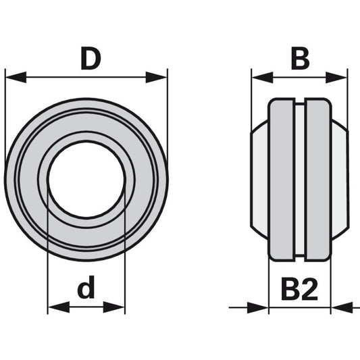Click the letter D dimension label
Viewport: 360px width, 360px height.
(91, 59)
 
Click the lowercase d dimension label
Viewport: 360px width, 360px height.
(86, 287)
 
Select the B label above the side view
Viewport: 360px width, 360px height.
(300, 59)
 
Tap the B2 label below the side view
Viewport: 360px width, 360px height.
(299, 290)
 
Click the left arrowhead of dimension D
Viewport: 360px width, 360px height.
(16, 77)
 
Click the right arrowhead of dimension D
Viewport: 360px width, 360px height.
(157, 78)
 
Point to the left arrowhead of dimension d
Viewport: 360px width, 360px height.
(59, 307)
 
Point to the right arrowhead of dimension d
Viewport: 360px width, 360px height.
(114, 307)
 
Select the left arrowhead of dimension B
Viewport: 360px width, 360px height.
(263, 78)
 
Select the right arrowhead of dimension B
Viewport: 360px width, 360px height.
(336, 78)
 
